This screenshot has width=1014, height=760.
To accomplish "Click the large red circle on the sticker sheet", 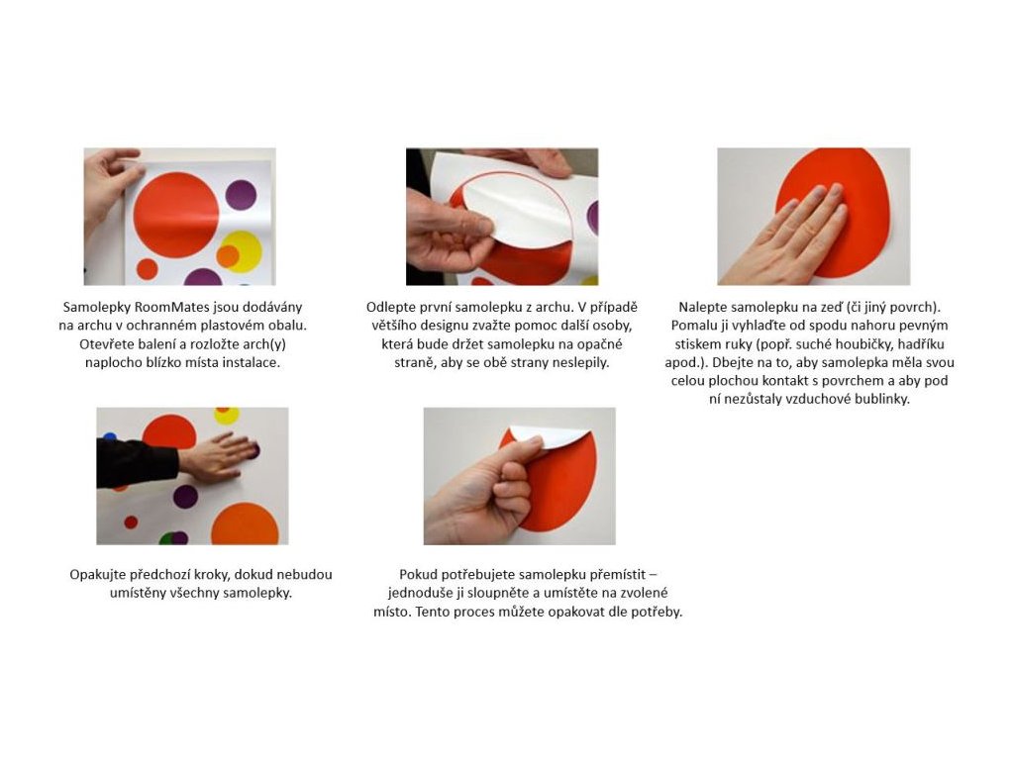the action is click(176, 215).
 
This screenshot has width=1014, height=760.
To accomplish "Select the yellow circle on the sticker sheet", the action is click(242, 251).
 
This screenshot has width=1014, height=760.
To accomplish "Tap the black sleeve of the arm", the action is click(137, 463).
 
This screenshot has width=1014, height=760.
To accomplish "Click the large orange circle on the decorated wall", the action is click(245, 524).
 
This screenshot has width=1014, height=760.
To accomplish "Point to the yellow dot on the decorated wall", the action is click(227, 415).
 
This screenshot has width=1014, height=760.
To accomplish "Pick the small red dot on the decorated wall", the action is click(131, 522).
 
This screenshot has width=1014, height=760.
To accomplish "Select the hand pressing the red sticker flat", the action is click(784, 236).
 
